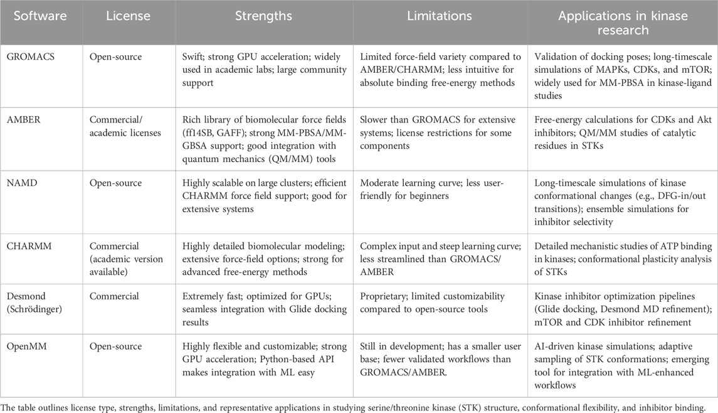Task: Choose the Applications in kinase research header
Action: (x=621, y=23)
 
